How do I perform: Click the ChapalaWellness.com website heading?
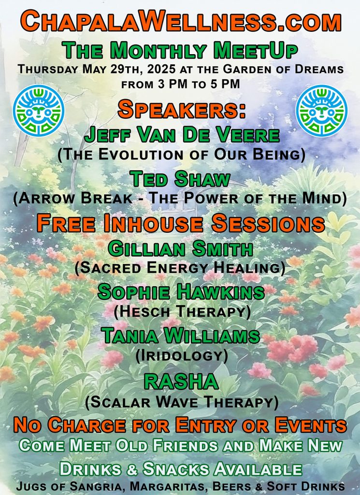coord(180,22)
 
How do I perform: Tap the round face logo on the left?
coord(38,110)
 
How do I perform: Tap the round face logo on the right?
coord(321,110)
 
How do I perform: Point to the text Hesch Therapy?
coord(182,312)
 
